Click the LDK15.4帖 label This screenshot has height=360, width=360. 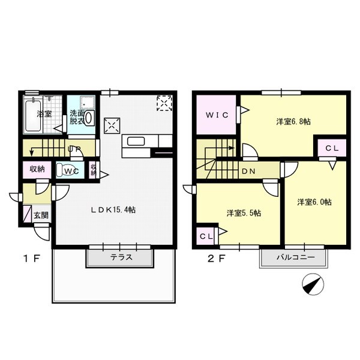click(x=113, y=210)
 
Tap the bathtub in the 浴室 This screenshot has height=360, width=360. click(x=33, y=115)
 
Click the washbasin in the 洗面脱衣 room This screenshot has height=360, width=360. click(x=89, y=118)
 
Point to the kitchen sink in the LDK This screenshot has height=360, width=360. click(x=136, y=141)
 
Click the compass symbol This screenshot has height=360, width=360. click(x=313, y=284)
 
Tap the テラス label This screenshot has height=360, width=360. click(x=121, y=257)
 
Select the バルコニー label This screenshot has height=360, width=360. click(x=295, y=257)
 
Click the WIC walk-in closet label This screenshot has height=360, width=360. click(x=217, y=115)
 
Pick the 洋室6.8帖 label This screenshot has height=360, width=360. click(x=293, y=121)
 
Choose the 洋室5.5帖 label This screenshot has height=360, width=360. click(x=244, y=213)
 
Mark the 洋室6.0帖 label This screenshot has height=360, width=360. click(x=314, y=202)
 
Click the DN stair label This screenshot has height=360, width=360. click(x=248, y=171)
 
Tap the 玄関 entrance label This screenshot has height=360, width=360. click(x=41, y=215)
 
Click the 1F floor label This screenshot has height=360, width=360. click(x=32, y=259)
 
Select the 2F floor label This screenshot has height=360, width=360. click(x=215, y=259)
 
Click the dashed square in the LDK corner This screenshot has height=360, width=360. click(x=164, y=103)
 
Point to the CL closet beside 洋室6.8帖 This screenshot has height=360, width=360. click(x=332, y=148)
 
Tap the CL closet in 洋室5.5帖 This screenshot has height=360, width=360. click(x=205, y=236)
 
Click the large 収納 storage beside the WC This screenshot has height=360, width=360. click(x=37, y=169)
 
